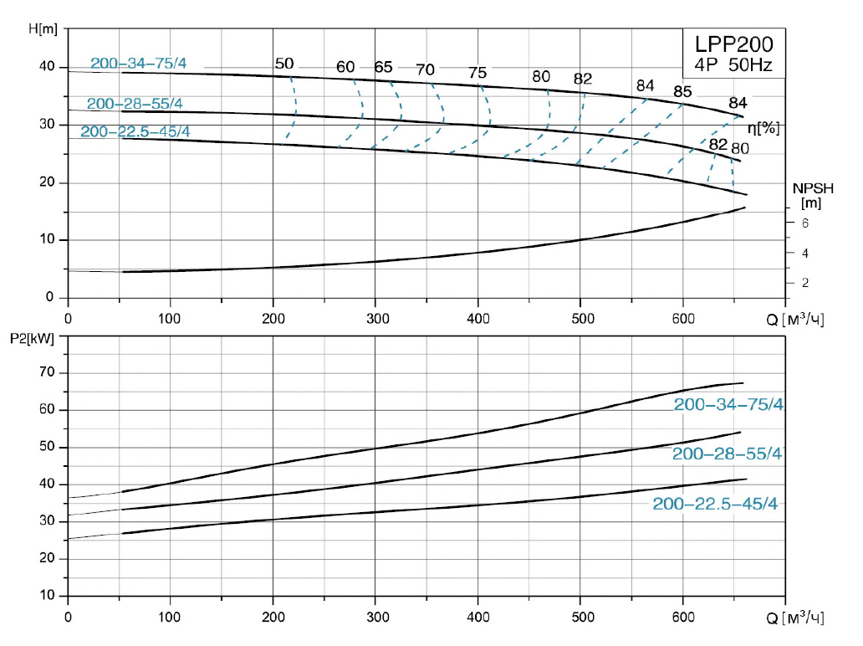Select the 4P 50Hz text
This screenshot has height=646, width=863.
click(724, 64)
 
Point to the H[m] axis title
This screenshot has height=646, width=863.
click(43, 29)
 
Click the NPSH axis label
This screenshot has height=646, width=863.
click(809, 188)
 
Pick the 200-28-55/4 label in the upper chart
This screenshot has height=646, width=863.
click(135, 104)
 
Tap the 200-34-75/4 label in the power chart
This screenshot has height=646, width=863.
click(728, 405)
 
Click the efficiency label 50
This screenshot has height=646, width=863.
click(284, 64)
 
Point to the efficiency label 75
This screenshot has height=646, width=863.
click(477, 73)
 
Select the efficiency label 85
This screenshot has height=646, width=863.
click(682, 91)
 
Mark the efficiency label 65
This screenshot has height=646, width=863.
click(383, 67)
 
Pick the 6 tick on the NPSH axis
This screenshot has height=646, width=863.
click(804, 223)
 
